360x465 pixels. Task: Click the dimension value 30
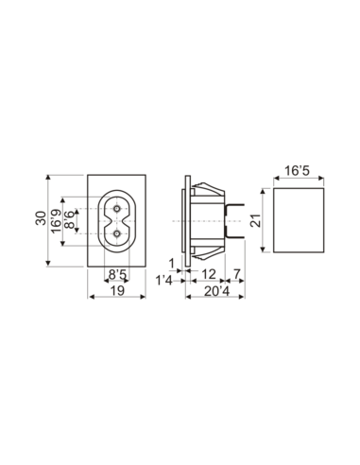(x=41, y=219)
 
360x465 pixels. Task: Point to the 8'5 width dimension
(x=117, y=275)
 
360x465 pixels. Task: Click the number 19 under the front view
(x=118, y=294)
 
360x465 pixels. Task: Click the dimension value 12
(x=211, y=274)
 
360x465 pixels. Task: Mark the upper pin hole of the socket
(x=117, y=207)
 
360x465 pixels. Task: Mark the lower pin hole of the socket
(x=117, y=232)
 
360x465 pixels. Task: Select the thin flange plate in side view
(x=186, y=219)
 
